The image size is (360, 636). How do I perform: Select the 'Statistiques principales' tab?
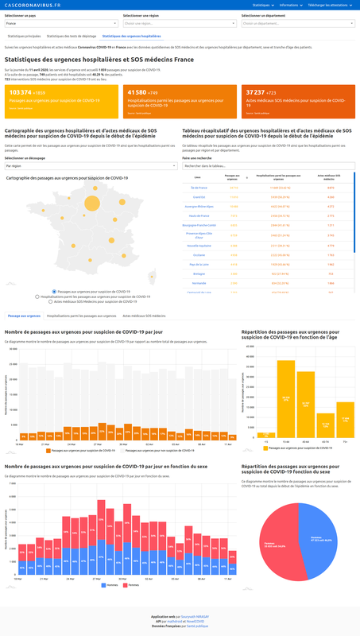tap(24, 37)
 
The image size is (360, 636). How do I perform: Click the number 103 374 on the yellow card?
tap(25, 93)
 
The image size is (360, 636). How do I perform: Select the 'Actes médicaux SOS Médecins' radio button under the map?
tap(52, 302)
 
